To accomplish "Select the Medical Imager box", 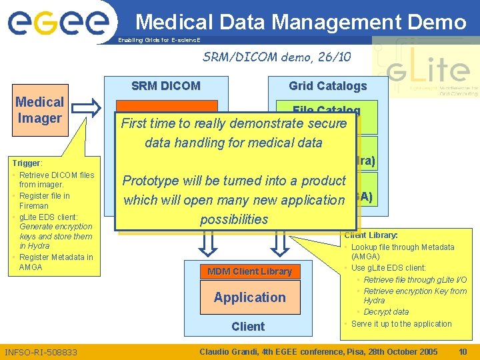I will click(x=39, y=111).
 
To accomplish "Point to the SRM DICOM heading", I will click(x=166, y=85).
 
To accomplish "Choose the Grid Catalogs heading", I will click(x=327, y=85).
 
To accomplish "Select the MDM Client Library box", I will click(x=249, y=271).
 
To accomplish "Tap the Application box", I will click(x=249, y=297).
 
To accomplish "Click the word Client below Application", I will click(x=248, y=326).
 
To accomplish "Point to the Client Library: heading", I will click(x=371, y=235).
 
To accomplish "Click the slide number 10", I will click(x=463, y=351).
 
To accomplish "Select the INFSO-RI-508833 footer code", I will click(x=41, y=352).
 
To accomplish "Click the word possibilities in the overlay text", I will click(x=234, y=219).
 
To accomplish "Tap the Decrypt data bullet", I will click(x=386, y=311).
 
